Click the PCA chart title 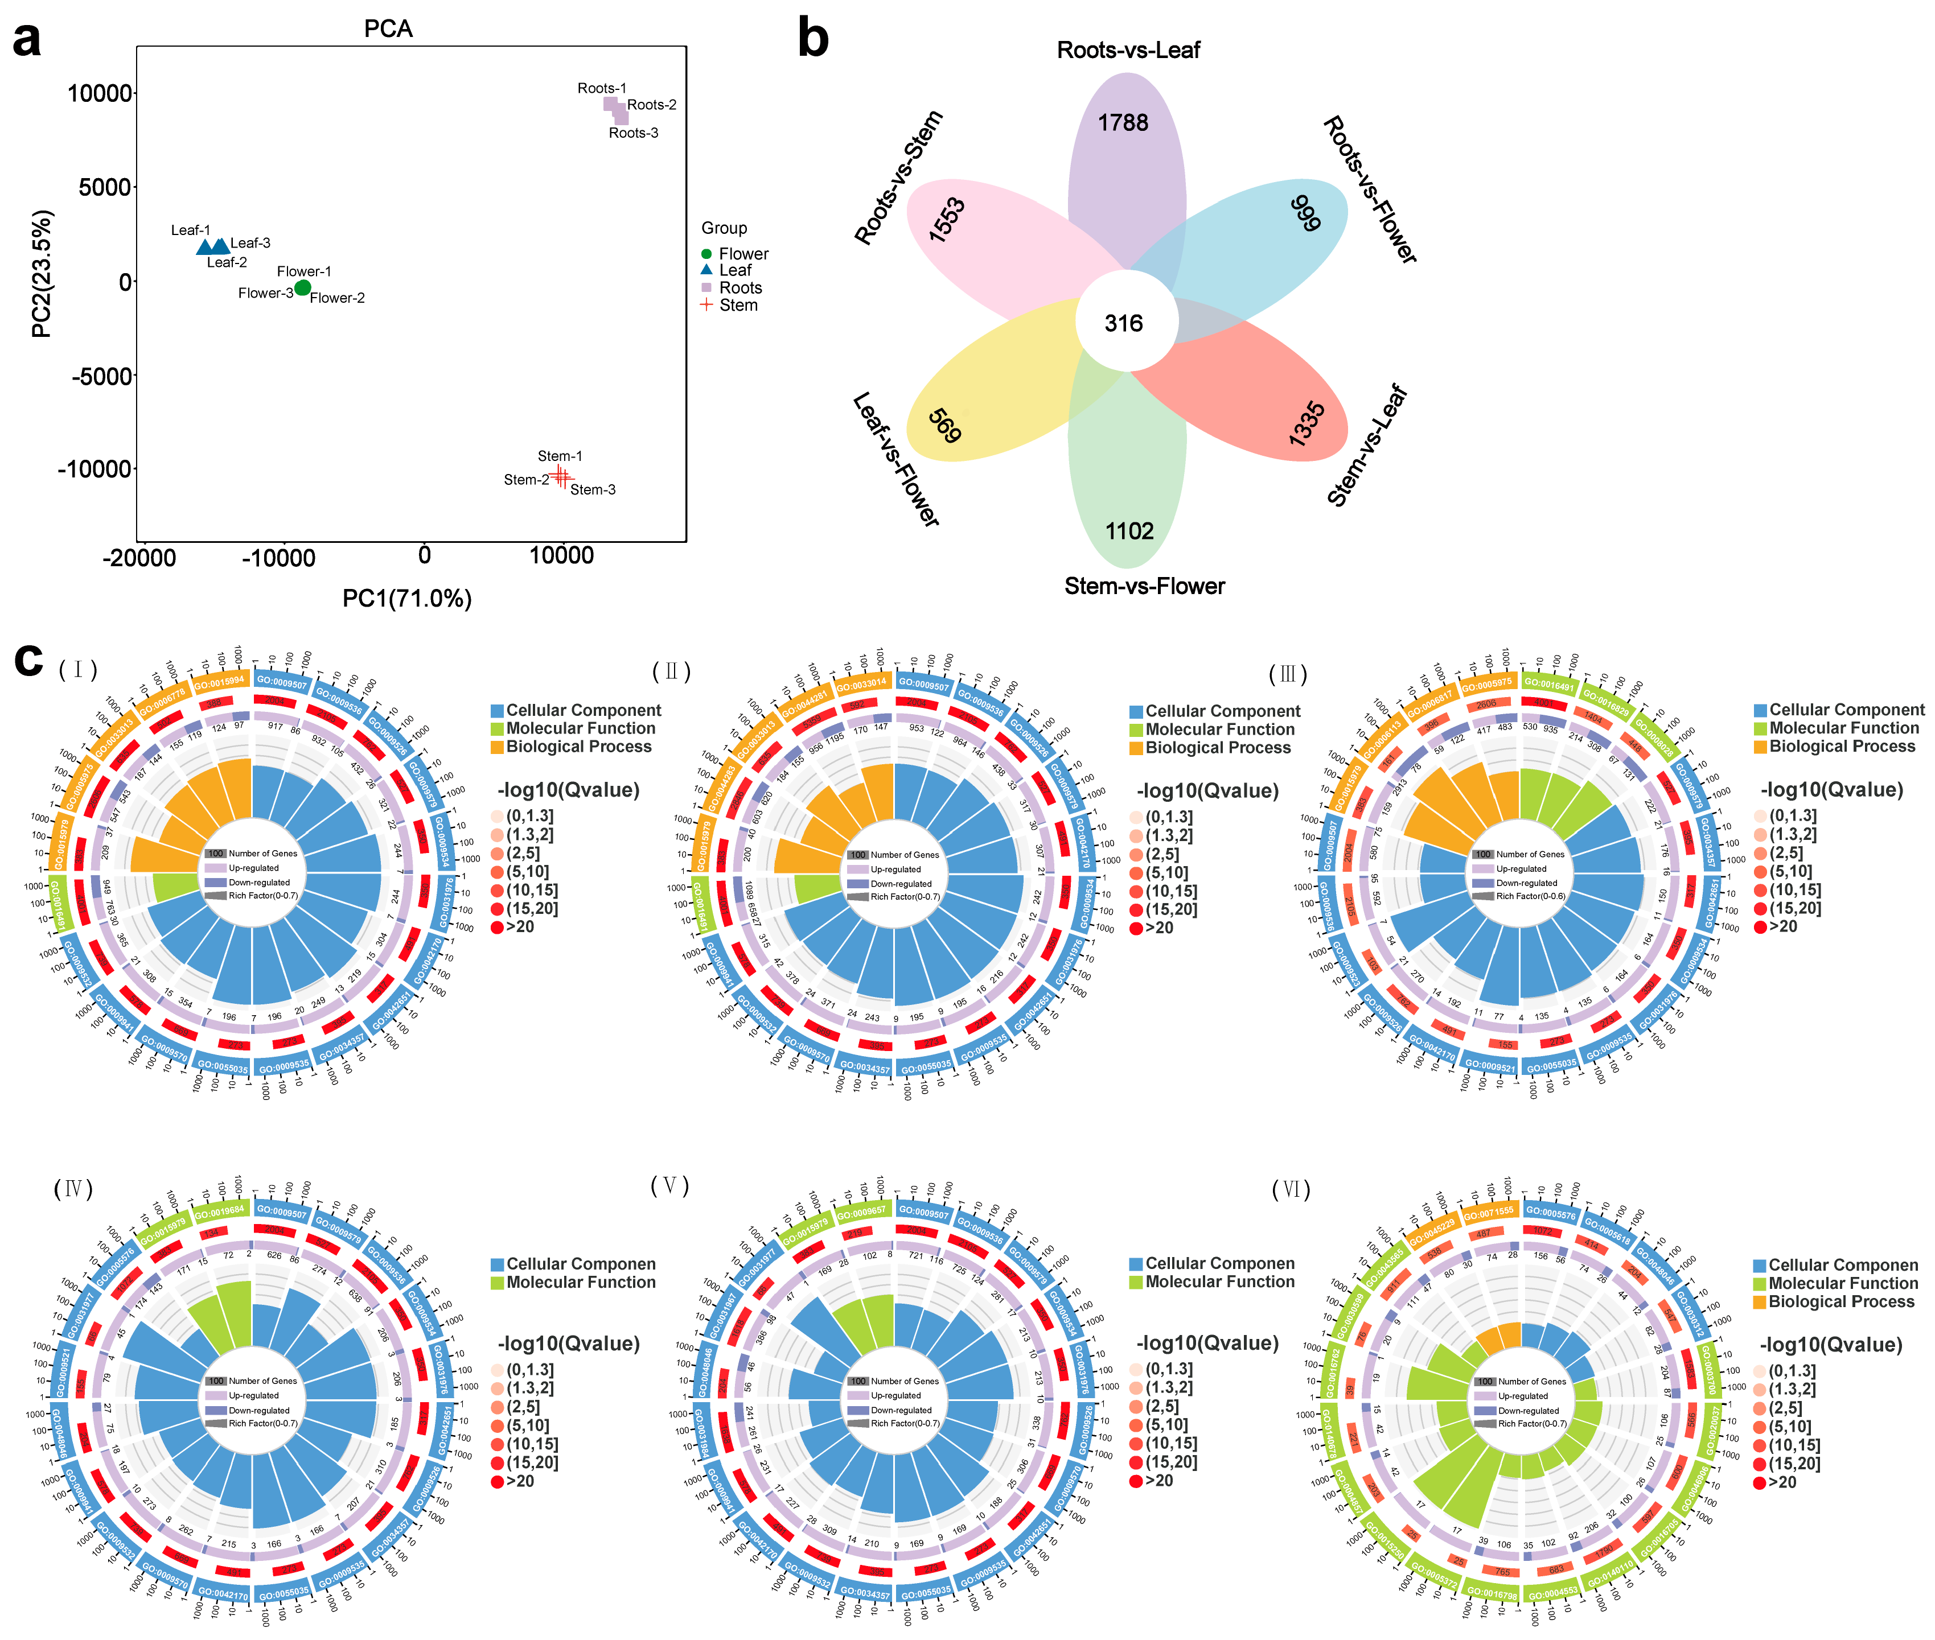pos(388,29)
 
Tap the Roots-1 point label pos(602,88)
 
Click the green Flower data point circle pos(302,288)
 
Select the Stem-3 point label pos(592,490)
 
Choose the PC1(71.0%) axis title pos(406,599)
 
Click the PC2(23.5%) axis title pos(42,274)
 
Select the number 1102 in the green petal pos(1129,531)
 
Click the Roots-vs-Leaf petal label pos(1128,50)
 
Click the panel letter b pos(814,39)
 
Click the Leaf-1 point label pos(191,230)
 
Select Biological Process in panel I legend pos(578,747)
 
